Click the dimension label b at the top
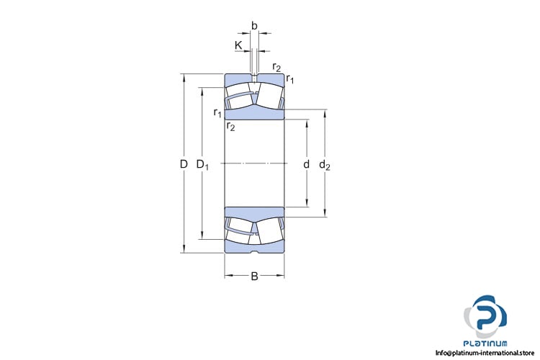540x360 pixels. coord(254,26)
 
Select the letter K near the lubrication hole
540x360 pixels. coord(238,45)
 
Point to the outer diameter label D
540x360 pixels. coord(184,164)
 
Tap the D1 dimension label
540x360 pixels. coord(202,165)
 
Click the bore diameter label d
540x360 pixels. coord(306,164)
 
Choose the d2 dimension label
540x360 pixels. coord(325,165)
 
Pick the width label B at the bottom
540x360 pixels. coord(254,276)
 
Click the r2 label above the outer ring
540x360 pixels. coord(276,67)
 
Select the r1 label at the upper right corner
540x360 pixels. coord(290,79)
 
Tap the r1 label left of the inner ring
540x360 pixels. coord(217,112)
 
